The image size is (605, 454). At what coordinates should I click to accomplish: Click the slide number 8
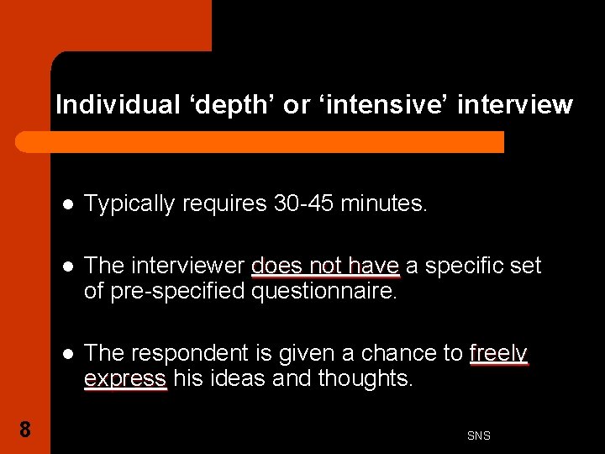tap(25, 430)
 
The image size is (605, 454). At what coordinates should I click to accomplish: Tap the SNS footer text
tap(478, 436)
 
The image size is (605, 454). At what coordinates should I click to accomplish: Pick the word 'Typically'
tap(134, 203)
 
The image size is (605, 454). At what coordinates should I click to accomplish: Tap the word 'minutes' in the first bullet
tap(381, 203)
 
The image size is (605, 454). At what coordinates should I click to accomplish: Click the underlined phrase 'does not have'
tap(325, 267)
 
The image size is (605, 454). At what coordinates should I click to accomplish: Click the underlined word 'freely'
tap(498, 353)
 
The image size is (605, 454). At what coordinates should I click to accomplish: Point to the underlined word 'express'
tap(125, 379)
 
